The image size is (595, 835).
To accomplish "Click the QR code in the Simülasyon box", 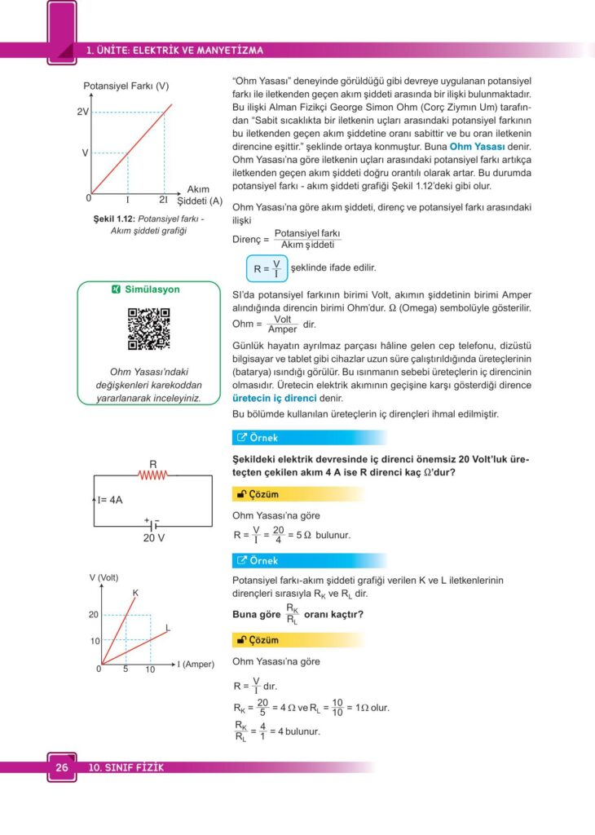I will pos(148,329).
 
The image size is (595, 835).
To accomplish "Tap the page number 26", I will pos(62,767).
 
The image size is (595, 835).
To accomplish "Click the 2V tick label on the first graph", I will pos(82,113).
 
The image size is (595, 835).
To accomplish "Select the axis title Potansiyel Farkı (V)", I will pos(126,86).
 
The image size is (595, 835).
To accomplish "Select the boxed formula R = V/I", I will pos(267,267).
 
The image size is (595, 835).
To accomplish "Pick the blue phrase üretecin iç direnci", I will pos(274,399).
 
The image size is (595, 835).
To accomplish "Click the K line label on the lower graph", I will pos(135,591).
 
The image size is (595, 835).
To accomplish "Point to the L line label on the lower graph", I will pos(167,628).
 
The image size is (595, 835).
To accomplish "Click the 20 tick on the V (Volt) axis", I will pos(94,615).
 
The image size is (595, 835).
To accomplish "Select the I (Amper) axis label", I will pos(196,665).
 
